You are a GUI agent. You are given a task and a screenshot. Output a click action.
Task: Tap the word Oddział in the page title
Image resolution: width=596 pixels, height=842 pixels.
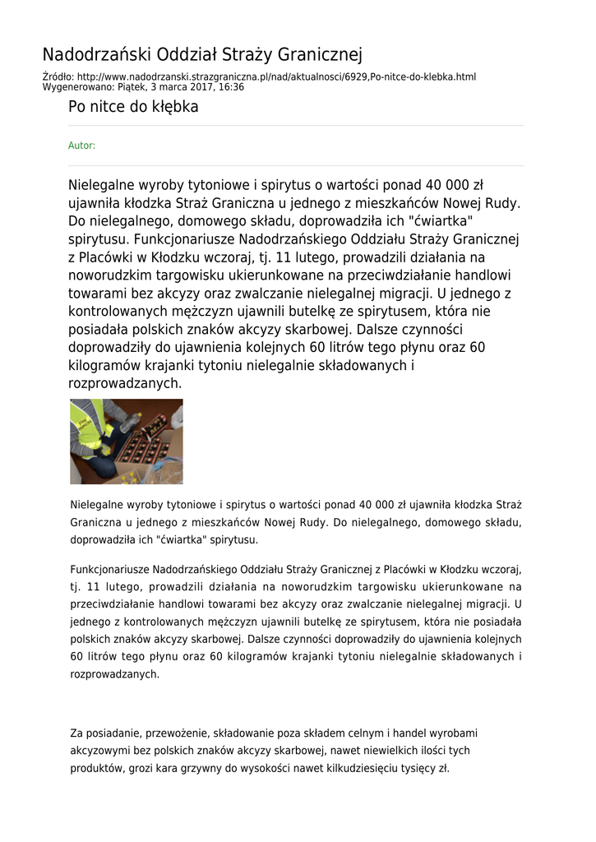click(173, 55)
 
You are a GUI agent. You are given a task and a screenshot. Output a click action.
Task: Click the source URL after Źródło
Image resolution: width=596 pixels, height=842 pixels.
click(276, 77)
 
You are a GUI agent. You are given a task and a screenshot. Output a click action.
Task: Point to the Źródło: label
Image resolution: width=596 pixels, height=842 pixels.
click(58, 77)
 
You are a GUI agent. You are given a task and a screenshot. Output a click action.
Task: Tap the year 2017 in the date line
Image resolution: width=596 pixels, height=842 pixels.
click(208, 86)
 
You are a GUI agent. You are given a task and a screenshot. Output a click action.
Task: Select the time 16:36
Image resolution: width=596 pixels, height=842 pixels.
click(233, 86)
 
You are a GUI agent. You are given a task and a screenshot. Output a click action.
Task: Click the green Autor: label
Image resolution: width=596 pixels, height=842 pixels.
click(81, 146)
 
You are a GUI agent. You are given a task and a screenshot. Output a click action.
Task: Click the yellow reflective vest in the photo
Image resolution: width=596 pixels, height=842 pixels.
click(88, 430)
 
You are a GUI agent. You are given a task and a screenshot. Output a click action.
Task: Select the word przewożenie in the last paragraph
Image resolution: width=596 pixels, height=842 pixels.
click(178, 733)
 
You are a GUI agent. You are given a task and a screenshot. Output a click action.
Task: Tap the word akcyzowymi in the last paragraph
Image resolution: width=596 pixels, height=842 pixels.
click(101, 751)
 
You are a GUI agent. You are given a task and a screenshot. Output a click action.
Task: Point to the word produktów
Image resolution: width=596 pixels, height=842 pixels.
click(96, 769)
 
